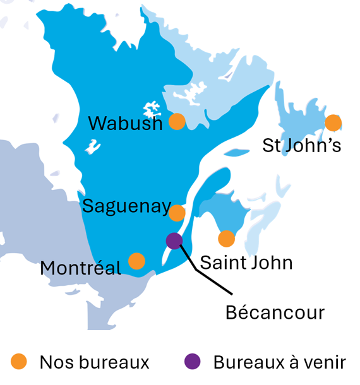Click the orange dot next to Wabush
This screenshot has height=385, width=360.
click(x=177, y=122)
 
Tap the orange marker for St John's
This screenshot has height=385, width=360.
click(x=333, y=123)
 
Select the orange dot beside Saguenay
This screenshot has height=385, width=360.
click(x=177, y=213)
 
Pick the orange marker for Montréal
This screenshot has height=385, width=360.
click(x=136, y=261)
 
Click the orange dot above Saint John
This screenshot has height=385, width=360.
click(x=226, y=239)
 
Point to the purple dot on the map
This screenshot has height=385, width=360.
click(x=174, y=240)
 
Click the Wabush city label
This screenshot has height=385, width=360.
click(x=125, y=123)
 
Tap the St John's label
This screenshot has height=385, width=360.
click(x=302, y=146)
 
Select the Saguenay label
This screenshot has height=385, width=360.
click(x=126, y=206)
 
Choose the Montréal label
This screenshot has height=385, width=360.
click(x=80, y=268)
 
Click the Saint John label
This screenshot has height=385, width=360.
click(x=246, y=262)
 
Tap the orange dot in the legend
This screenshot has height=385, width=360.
click(x=20, y=362)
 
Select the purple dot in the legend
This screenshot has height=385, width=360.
click(x=192, y=362)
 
